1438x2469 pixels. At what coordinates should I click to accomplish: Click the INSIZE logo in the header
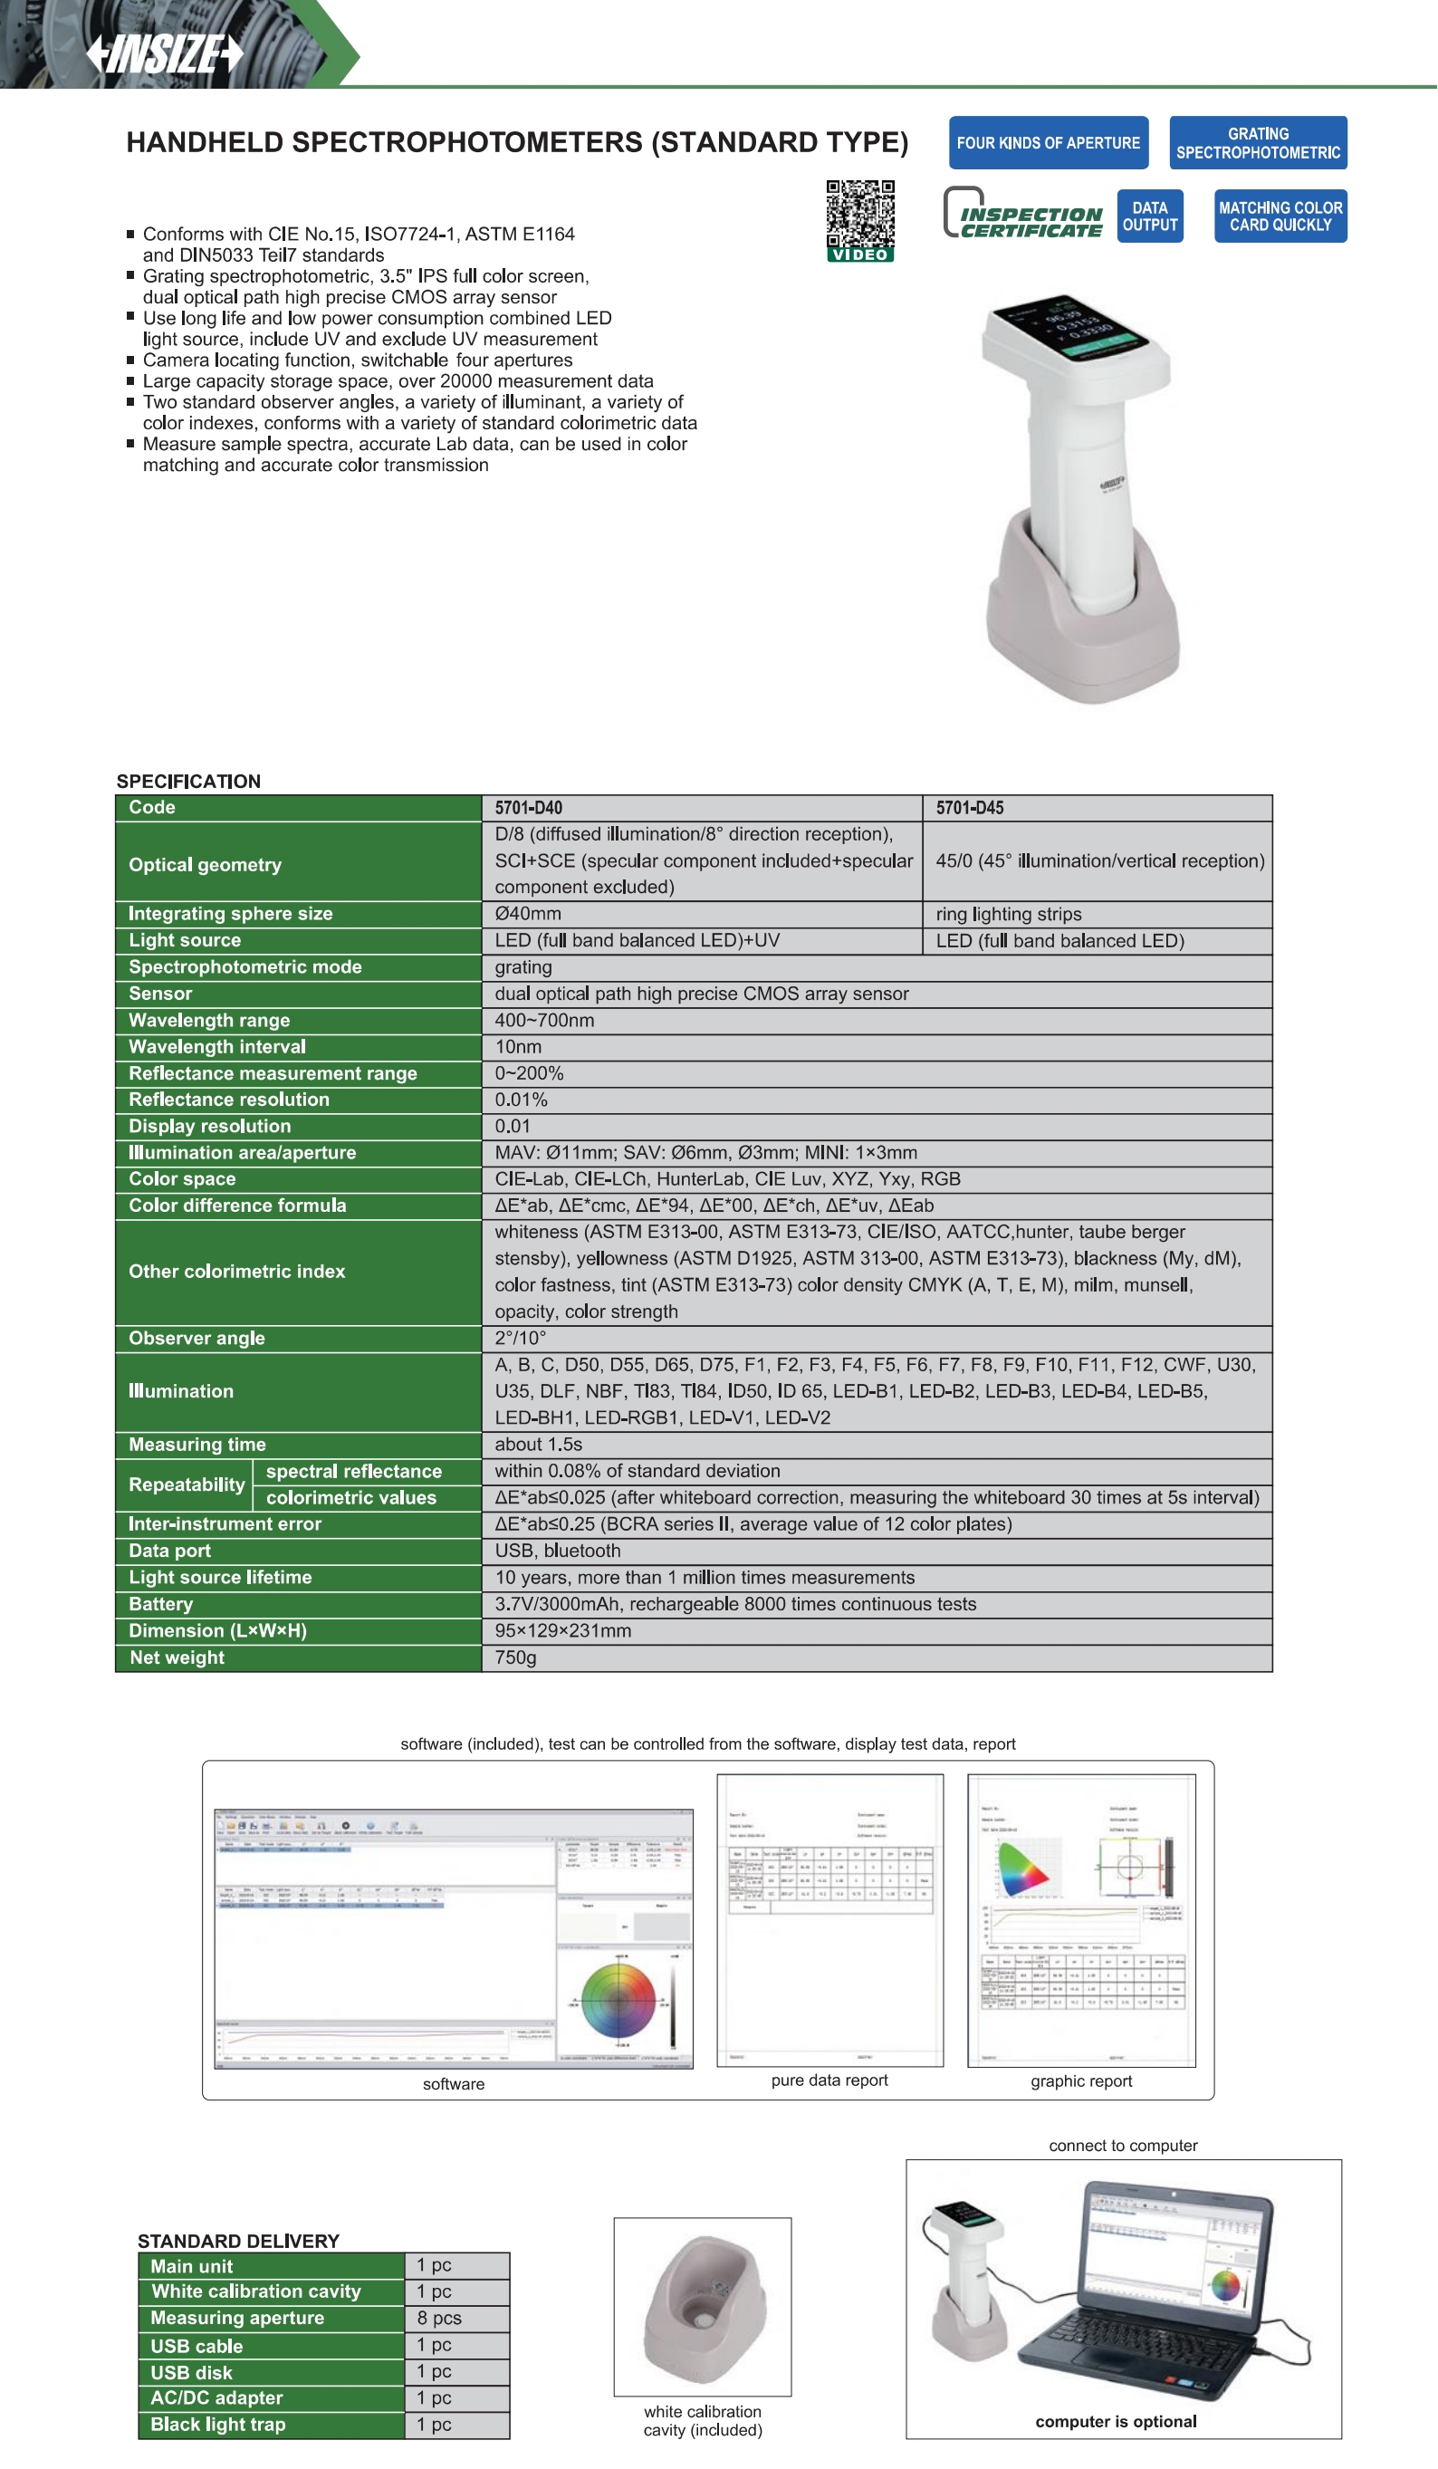click(164, 53)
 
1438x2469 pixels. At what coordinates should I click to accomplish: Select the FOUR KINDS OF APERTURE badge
click(1048, 143)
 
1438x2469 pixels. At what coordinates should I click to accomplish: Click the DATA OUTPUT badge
click(1149, 216)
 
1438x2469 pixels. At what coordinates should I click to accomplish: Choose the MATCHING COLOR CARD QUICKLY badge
click(1280, 216)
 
